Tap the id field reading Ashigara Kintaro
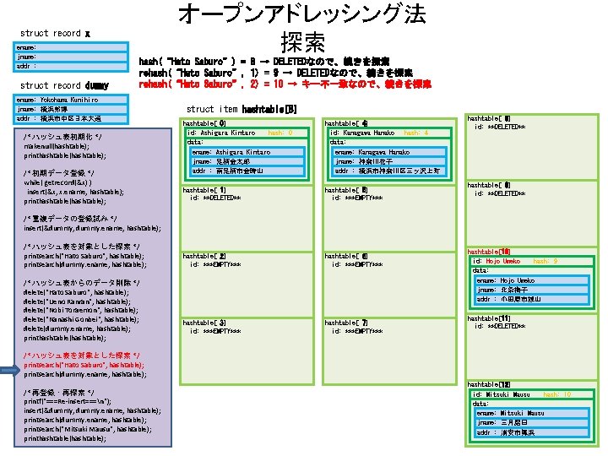point(221,133)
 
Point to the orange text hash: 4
point(416,133)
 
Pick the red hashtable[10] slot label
point(488,252)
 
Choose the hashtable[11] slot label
point(488,318)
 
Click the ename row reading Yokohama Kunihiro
point(63,99)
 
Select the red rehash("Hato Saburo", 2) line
point(285,84)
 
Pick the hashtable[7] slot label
point(346,323)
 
